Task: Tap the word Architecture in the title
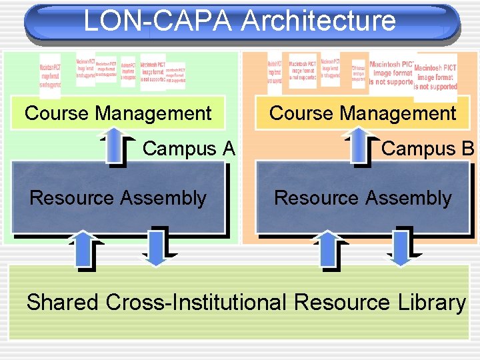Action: [318, 21]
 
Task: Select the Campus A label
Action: [189, 148]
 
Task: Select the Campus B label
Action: [427, 148]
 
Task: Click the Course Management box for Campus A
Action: [118, 113]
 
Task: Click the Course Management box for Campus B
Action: [363, 113]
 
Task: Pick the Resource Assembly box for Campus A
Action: [118, 197]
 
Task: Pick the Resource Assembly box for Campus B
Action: [363, 197]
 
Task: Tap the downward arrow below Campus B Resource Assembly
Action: [400, 247]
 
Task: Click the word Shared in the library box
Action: [62, 302]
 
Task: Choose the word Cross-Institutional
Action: [197, 302]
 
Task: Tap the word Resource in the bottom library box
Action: [341, 302]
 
